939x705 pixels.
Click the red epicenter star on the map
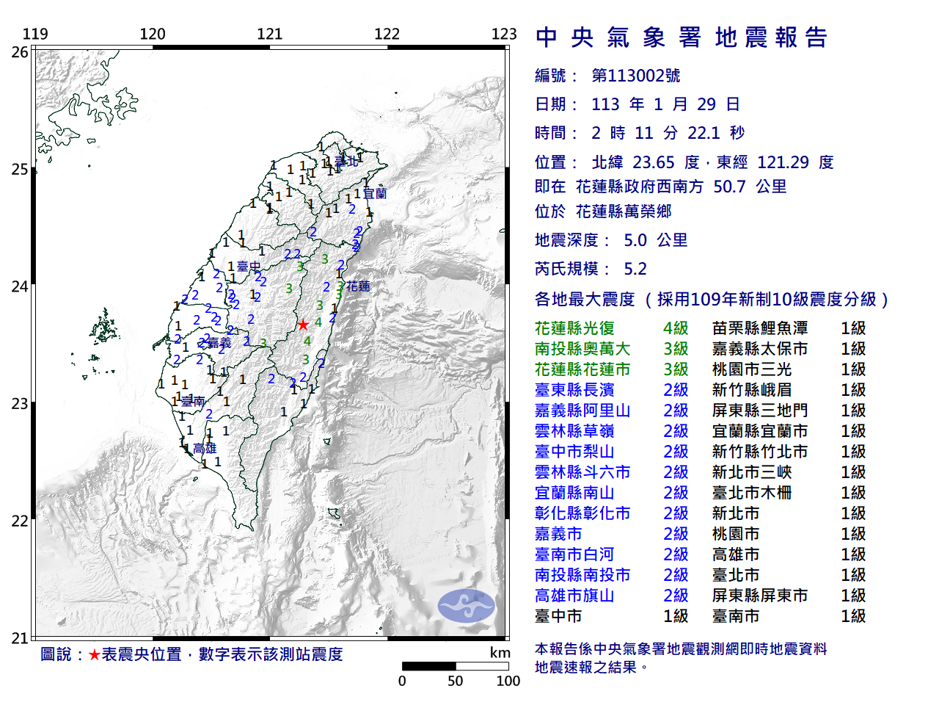(302, 325)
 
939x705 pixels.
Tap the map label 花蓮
(358, 286)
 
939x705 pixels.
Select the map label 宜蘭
(374, 194)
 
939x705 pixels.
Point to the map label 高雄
(205, 448)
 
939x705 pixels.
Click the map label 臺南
(193, 401)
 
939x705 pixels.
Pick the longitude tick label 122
(387, 34)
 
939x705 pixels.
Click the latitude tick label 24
(20, 286)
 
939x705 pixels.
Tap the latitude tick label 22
(20, 521)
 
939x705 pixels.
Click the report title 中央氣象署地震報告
(682, 37)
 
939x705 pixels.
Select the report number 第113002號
(636, 76)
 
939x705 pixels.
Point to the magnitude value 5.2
(635, 269)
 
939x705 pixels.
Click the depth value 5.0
(635, 240)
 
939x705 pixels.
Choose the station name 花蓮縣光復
(574, 328)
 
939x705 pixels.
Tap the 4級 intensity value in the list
(676, 328)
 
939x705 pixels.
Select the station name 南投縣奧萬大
(582, 349)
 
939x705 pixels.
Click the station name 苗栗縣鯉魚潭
(760, 328)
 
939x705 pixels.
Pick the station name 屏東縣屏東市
(760, 596)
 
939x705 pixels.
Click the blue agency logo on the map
(467, 606)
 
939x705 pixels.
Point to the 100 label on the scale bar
(508, 681)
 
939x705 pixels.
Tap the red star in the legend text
(94, 654)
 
